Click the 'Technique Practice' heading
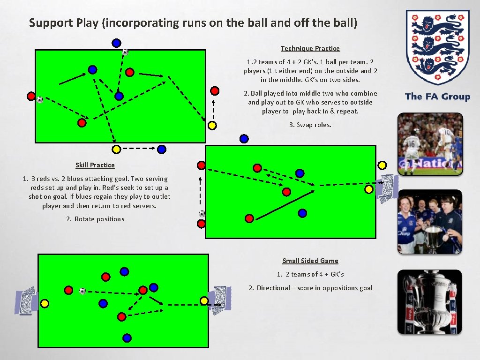(x=310, y=48)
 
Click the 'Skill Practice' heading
(x=95, y=165)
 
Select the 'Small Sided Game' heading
(x=310, y=261)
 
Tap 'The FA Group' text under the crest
(x=437, y=97)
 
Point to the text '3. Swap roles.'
(x=310, y=125)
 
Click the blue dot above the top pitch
(x=116, y=43)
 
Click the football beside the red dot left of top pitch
(x=40, y=100)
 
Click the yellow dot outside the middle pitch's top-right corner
(x=382, y=165)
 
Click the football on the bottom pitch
(x=82, y=291)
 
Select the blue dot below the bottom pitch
(x=126, y=337)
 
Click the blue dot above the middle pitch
(x=244, y=139)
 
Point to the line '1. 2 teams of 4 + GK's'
(x=310, y=274)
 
